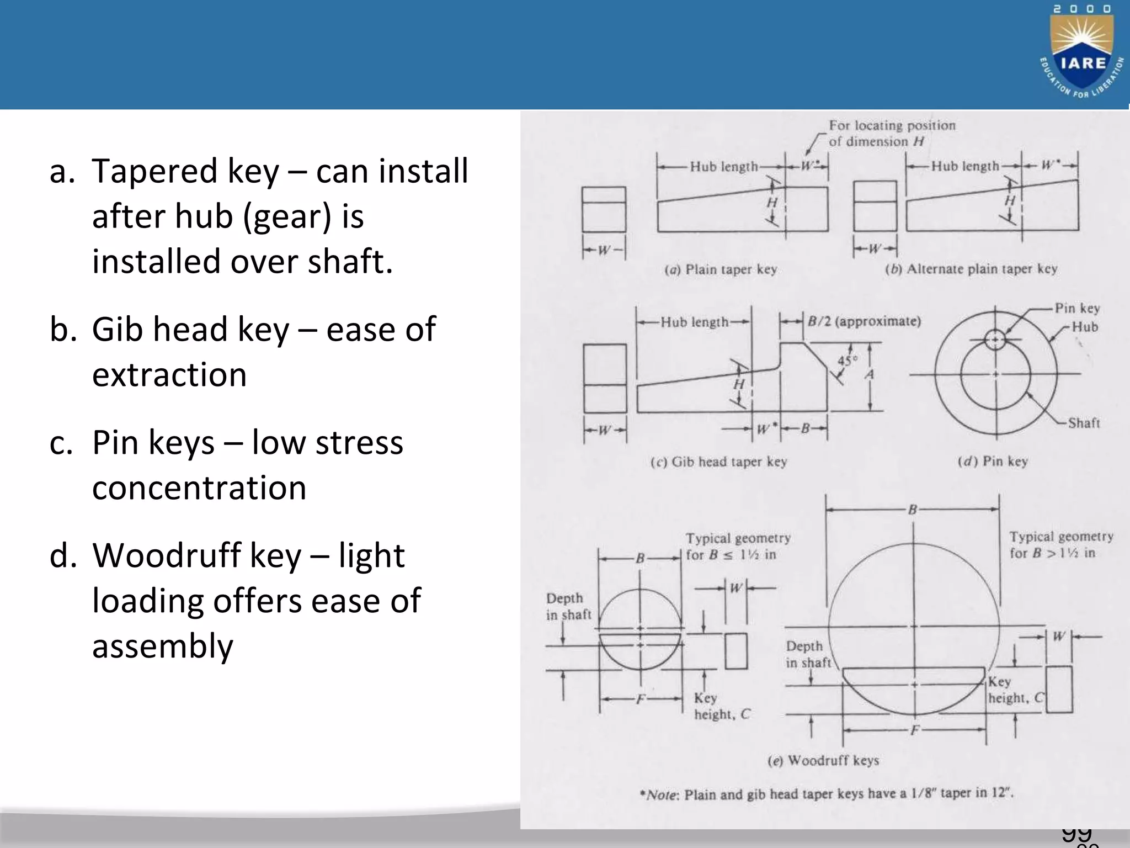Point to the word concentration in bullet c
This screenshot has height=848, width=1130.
point(199,488)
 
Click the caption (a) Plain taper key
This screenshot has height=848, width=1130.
point(721,269)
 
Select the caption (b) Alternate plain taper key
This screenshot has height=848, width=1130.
point(971,269)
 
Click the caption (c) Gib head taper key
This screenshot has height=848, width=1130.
point(718,462)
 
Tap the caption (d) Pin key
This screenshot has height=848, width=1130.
point(993,461)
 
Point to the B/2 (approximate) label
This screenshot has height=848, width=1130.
point(864,321)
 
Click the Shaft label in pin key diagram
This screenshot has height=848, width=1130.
point(1084,423)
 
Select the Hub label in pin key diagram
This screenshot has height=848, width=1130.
point(1085,327)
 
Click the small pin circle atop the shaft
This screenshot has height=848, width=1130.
point(995,339)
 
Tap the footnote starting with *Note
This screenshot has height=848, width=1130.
point(826,794)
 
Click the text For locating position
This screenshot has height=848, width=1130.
point(892,126)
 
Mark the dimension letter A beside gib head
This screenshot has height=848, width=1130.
point(870,375)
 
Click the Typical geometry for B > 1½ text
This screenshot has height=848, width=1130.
point(1060,544)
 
